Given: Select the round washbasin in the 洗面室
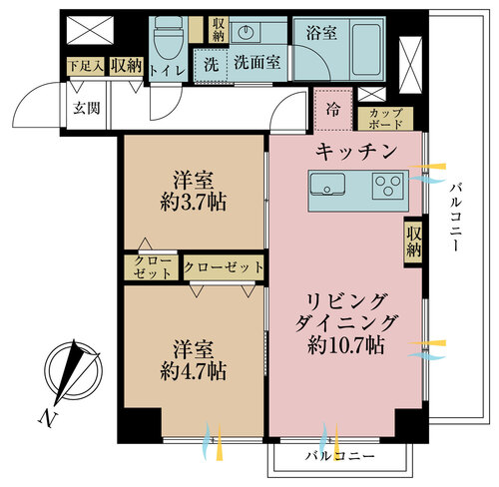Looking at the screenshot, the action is coord(247,33).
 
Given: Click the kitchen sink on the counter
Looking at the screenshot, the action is coord(327,185).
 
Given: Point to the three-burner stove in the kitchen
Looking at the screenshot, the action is coord(388,186).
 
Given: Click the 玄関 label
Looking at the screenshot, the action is coord(87,108).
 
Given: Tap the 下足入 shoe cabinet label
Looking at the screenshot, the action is coord(86,66).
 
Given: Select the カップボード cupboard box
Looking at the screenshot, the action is coord(386,119).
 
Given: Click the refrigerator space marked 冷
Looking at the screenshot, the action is coord(333,110).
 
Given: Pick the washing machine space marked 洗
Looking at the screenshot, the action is coord(211,65).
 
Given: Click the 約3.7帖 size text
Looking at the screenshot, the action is coord(194,202).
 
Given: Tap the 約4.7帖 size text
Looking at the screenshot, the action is coord(194,371).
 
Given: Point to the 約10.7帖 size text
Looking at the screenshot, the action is coord(346,345).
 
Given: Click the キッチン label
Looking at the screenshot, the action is coord(356,152).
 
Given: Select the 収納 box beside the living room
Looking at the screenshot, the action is coord(413,242).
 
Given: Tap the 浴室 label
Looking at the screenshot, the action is coord(321,33).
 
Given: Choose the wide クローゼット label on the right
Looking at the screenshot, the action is coord(224,267).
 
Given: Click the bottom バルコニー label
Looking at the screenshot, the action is coord(340,456).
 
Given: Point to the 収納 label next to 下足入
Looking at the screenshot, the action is coord(127,66).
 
